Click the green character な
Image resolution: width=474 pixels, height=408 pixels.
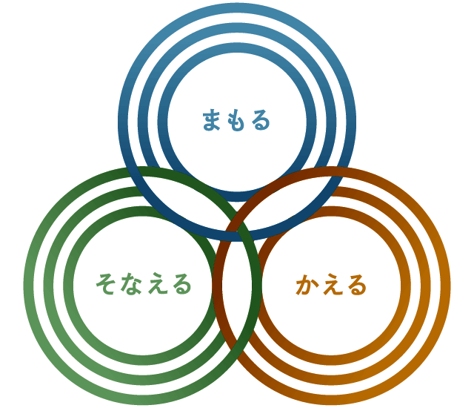[131, 284]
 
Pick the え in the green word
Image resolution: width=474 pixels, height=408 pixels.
[156, 284]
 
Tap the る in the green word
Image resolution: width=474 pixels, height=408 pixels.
[180, 284]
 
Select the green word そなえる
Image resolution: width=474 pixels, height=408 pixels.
[143, 284]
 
